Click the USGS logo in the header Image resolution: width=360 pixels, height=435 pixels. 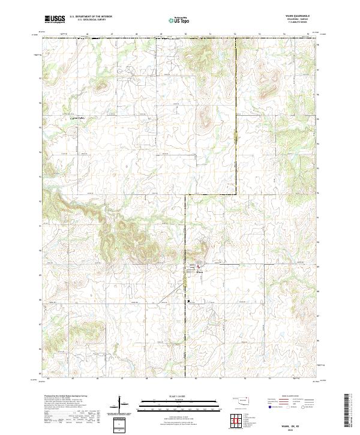coord(55,19)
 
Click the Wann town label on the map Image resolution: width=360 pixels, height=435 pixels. coord(199,271)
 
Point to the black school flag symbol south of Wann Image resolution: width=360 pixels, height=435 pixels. coord(188,300)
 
